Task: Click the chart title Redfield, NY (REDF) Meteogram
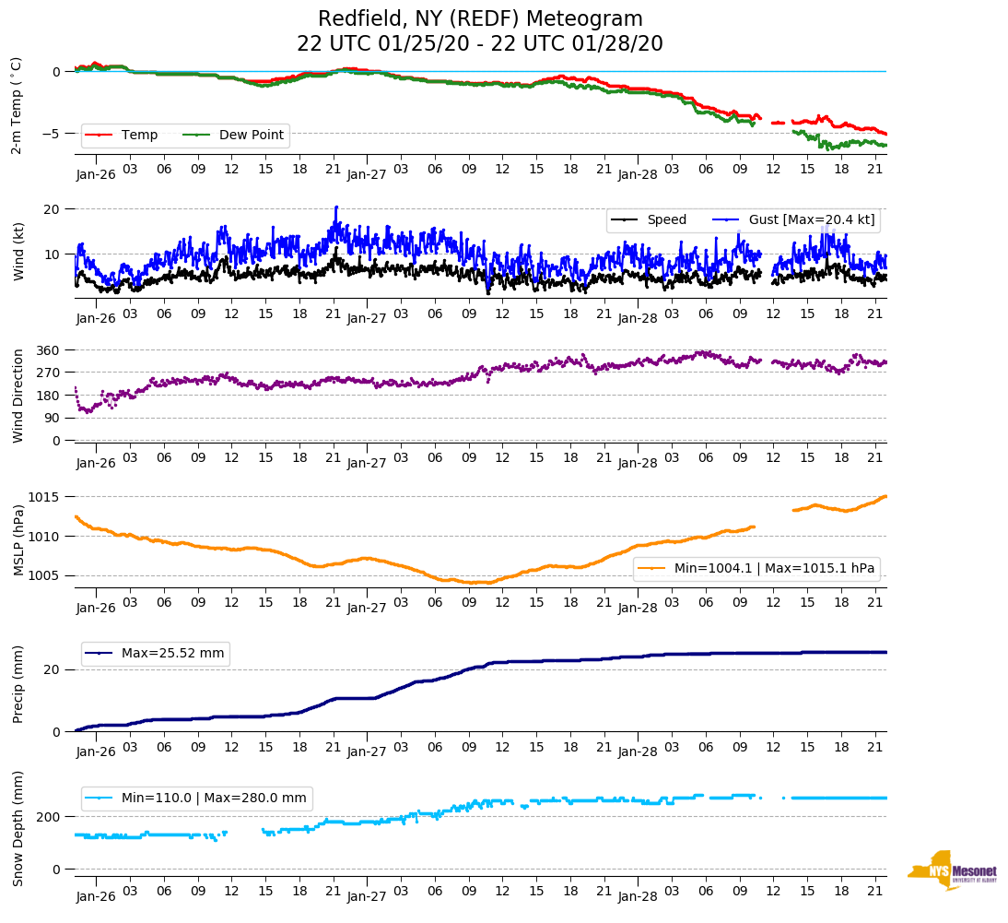480,19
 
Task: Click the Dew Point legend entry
252,135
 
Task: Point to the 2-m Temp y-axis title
16,104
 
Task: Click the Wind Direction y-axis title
18,395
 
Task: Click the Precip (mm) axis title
18,685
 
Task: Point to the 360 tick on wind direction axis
49,350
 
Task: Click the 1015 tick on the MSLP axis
46,497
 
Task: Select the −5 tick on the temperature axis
53,134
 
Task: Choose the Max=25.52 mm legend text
172,653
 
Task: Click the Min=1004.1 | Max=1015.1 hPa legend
774,569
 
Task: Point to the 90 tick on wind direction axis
53,418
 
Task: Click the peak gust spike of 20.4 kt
336,207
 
